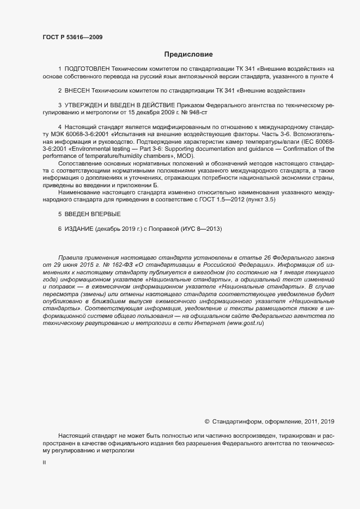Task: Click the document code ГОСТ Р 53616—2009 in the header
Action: [72, 38]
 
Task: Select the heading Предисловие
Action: [188, 54]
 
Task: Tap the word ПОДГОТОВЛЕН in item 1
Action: [87, 69]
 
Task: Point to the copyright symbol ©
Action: [206, 421]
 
